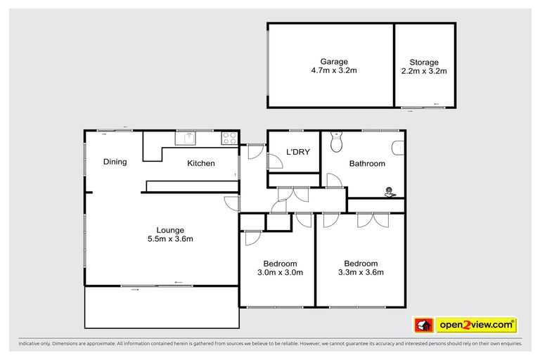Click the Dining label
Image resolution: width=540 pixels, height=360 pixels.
coord(115,162)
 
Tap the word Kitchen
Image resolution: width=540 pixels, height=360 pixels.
coord(200,164)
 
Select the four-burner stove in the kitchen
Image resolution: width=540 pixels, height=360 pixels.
coord(229,139)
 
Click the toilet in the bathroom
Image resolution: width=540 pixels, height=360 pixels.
coord(336,142)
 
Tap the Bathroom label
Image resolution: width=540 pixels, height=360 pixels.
coord(367,164)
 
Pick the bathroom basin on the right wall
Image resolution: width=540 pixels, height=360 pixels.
coord(399,148)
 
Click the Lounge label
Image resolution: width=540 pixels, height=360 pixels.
coord(170,230)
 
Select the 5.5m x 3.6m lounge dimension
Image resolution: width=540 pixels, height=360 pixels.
coord(170,239)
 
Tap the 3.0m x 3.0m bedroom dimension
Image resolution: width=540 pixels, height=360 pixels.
coord(279,272)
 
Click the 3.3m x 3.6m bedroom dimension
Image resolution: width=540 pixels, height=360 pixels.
coord(361,272)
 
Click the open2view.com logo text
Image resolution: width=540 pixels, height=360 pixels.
coord(476,325)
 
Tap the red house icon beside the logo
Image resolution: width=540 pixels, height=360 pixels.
coord(423,325)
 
